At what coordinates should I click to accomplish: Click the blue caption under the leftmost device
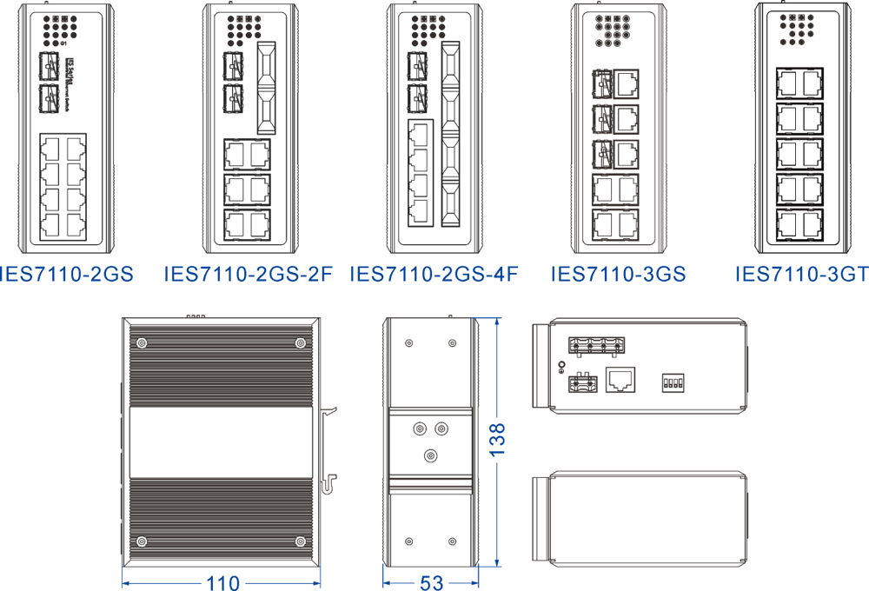click(71, 271)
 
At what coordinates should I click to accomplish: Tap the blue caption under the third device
click(434, 271)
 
